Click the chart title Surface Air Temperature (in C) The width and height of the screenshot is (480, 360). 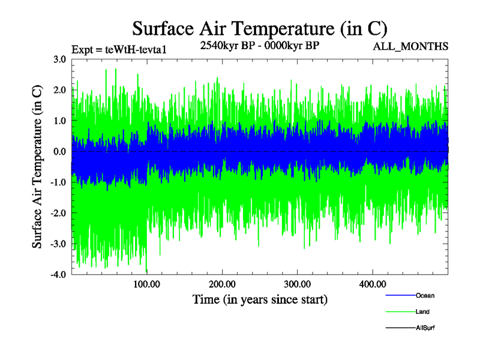pos(259,28)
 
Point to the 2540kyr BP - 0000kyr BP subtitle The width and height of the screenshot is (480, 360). pos(259,45)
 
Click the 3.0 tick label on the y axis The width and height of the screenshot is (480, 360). pos(59,59)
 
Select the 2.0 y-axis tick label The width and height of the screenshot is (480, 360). pos(59,90)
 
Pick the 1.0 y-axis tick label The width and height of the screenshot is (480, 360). pos(59,121)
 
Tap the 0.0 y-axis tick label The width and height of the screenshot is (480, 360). pos(59,151)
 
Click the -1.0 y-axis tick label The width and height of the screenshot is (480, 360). pos(58,182)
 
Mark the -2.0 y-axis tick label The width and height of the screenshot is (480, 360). pos(58,213)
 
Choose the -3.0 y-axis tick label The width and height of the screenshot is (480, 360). pos(58,244)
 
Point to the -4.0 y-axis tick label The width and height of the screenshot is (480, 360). pos(58,274)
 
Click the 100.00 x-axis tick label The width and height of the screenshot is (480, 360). pos(146,284)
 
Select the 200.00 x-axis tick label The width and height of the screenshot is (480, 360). pos(221,284)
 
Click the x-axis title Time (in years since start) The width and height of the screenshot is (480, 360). pos(260,299)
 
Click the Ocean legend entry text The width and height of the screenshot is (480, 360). pos(425,296)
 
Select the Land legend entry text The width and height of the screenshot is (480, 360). pos(422,312)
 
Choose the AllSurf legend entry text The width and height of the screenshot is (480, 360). pos(425,328)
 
